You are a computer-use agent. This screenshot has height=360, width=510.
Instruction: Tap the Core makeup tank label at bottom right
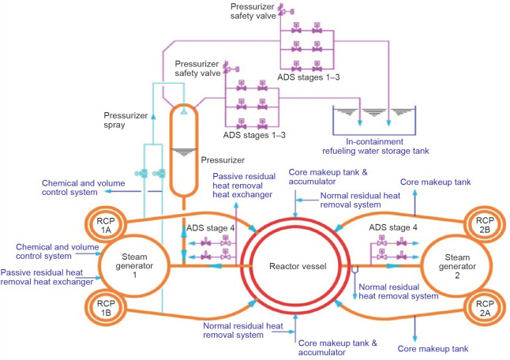[x=433, y=347]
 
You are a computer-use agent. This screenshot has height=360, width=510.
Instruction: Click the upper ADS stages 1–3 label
[x=306, y=77]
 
